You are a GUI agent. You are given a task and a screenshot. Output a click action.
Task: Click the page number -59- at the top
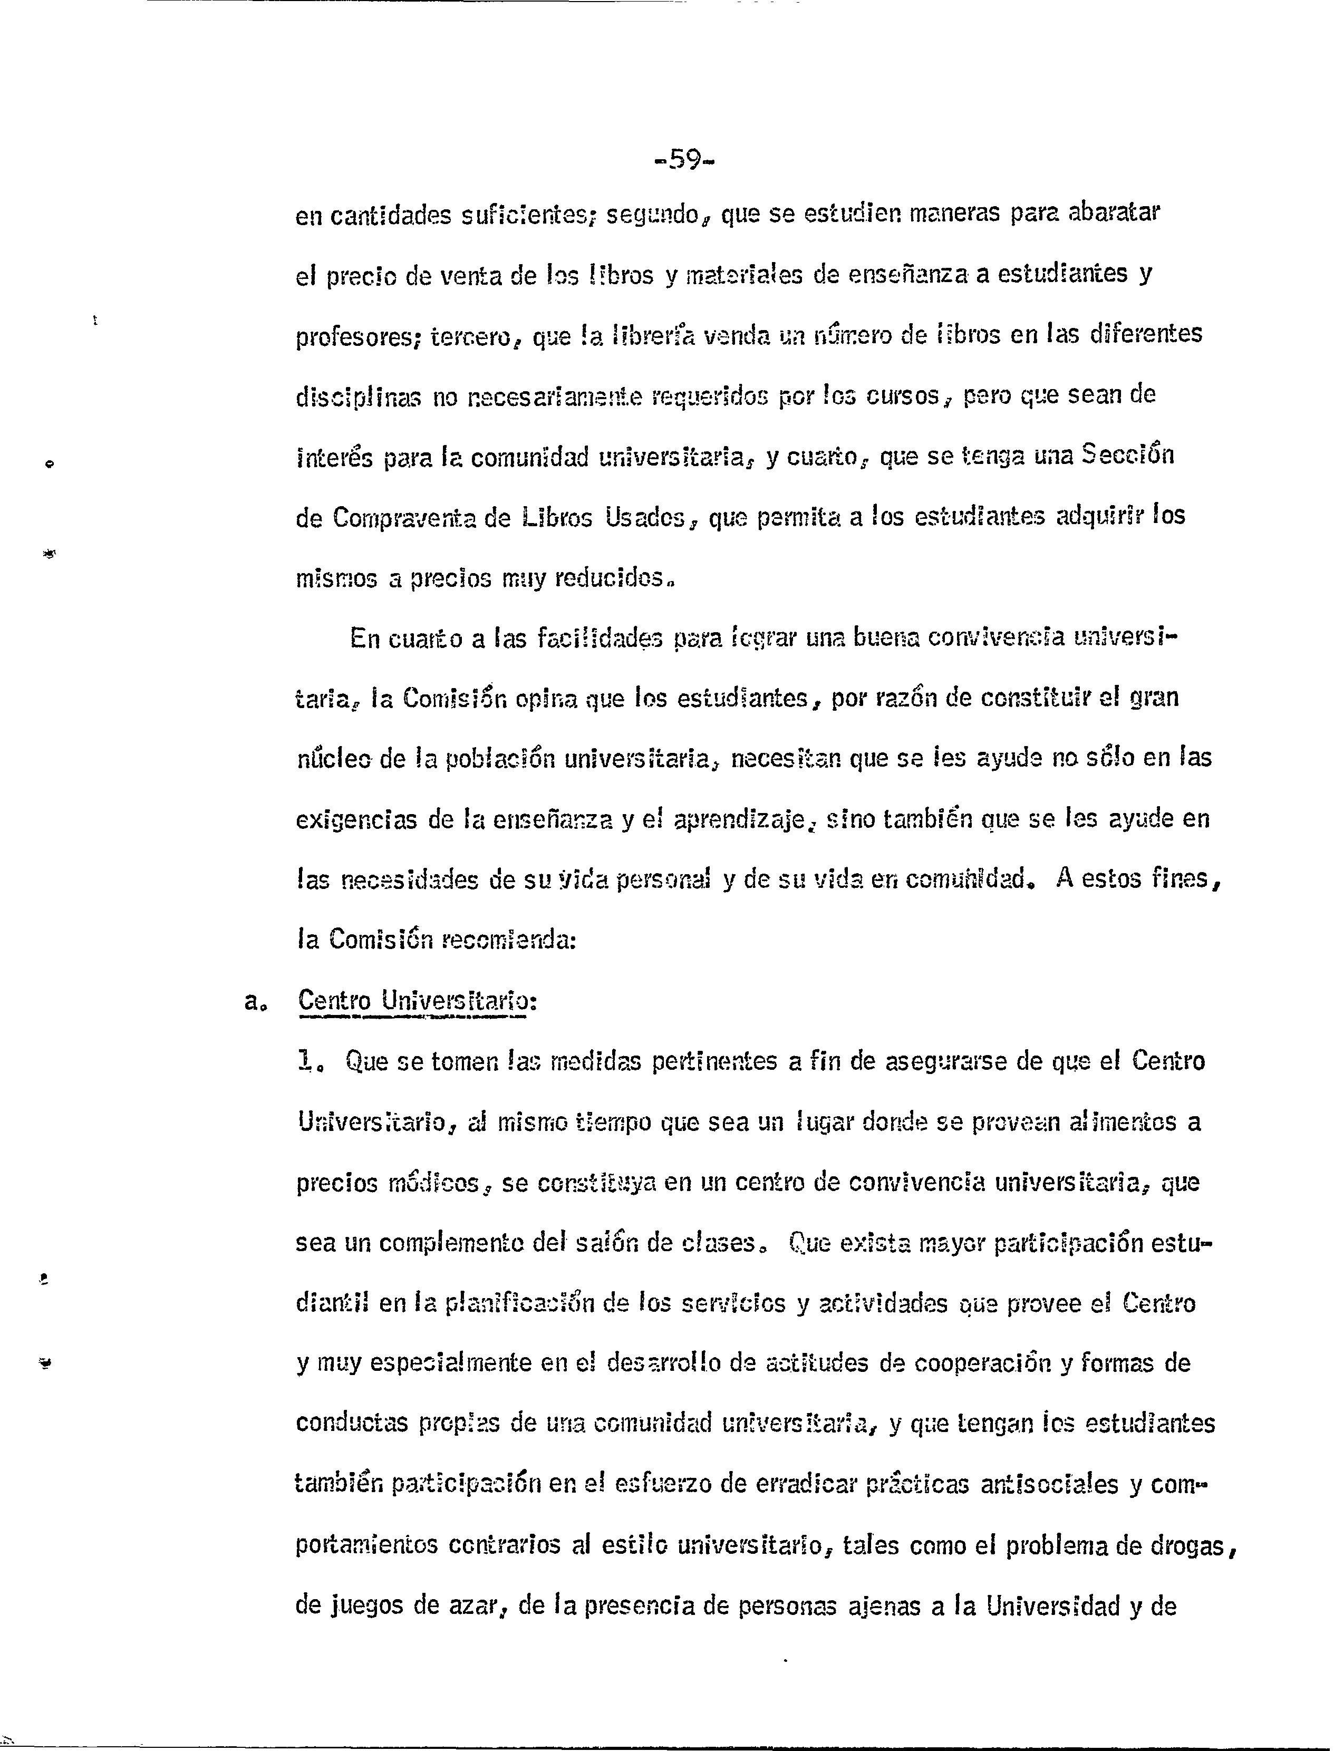click(x=684, y=160)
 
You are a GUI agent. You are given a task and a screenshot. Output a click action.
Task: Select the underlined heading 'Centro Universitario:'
click(x=417, y=1001)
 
